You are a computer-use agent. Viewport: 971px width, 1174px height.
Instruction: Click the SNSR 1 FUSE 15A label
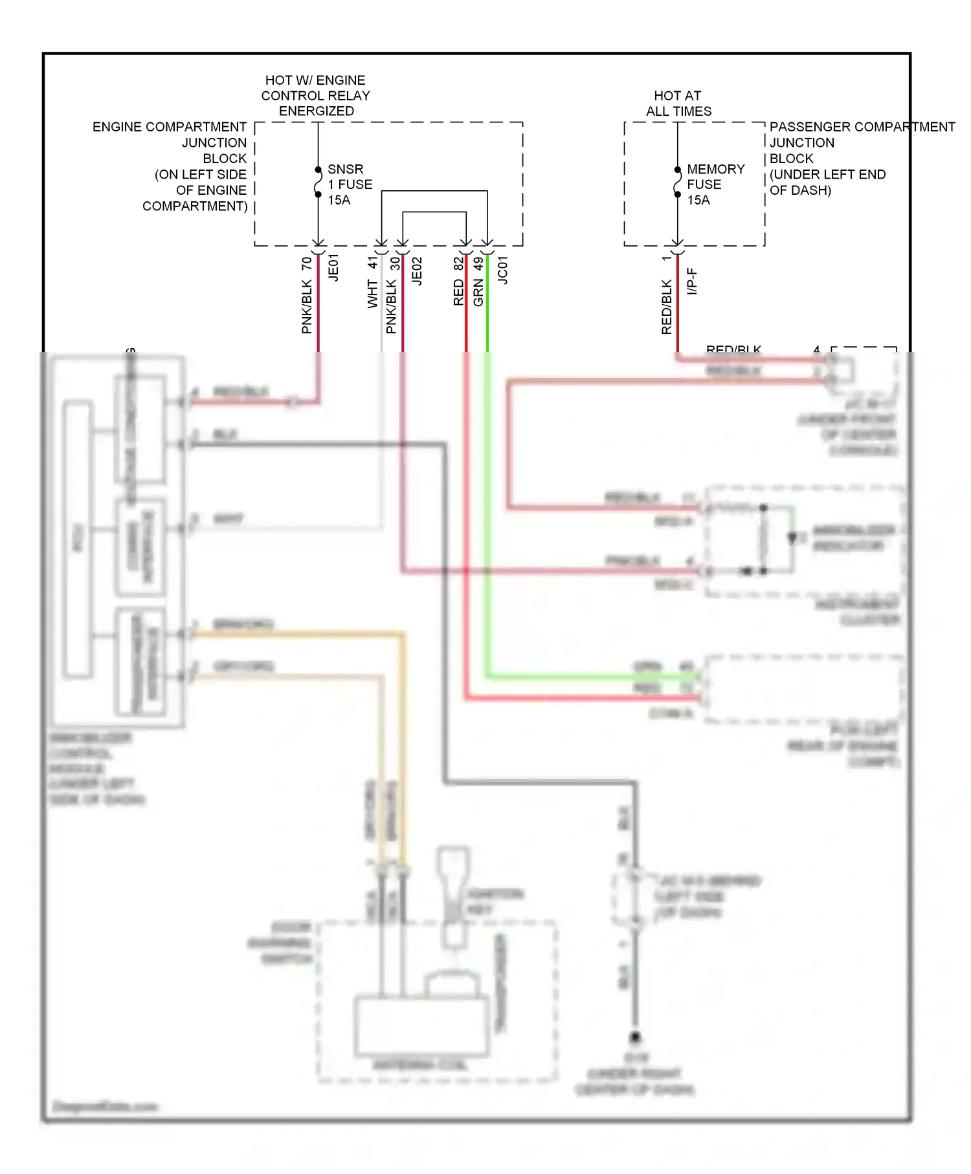point(349,184)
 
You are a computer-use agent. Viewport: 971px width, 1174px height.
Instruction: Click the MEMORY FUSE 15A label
point(715,184)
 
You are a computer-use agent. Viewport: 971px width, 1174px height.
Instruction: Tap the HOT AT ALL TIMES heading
point(678,104)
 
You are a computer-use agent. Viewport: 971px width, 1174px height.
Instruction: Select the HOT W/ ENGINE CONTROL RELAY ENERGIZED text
point(316,95)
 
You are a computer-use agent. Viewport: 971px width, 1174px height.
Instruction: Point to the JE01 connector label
point(333,267)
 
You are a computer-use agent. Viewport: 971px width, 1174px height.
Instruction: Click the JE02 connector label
point(417,271)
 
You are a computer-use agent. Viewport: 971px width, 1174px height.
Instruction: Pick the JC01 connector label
point(502,269)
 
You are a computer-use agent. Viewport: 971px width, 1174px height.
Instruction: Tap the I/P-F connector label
point(691,281)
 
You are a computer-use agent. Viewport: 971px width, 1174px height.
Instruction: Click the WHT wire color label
point(372,293)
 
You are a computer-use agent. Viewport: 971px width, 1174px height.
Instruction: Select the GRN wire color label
point(478,292)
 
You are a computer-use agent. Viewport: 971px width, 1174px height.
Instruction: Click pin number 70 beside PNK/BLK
point(306,264)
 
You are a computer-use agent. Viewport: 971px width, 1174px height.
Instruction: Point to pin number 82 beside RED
point(458,264)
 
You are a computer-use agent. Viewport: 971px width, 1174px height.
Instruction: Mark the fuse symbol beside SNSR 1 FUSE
point(318,182)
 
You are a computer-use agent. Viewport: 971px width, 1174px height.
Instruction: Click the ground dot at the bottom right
point(635,1037)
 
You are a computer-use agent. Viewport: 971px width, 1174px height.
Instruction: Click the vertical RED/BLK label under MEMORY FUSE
point(666,307)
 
